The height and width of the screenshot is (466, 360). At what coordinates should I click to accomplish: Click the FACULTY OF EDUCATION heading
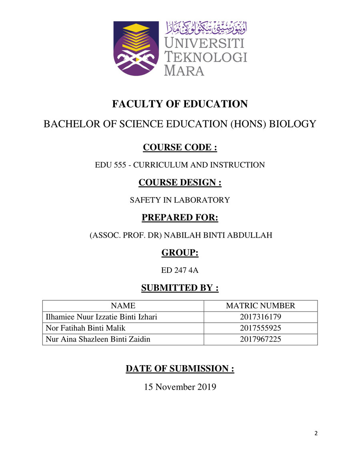(x=180, y=104)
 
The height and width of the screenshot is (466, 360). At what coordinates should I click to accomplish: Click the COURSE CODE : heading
(x=180, y=148)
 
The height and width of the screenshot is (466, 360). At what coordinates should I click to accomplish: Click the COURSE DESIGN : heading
(x=180, y=182)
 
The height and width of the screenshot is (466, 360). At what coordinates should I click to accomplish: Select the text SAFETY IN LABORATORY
(x=180, y=200)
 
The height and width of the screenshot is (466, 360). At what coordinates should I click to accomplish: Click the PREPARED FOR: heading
(x=180, y=218)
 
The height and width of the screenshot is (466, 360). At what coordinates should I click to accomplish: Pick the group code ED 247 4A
(x=180, y=270)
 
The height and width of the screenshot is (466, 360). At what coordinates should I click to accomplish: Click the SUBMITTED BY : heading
(x=180, y=288)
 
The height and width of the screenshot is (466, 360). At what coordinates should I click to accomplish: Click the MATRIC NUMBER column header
(x=260, y=306)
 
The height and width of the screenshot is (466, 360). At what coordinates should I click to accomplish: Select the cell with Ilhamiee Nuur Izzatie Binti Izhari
(x=102, y=317)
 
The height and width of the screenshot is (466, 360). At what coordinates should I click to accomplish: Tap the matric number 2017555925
(x=260, y=328)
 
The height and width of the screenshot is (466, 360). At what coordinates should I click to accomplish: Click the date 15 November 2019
(x=180, y=387)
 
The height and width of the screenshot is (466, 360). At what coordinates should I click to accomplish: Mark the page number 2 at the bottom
(x=316, y=434)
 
